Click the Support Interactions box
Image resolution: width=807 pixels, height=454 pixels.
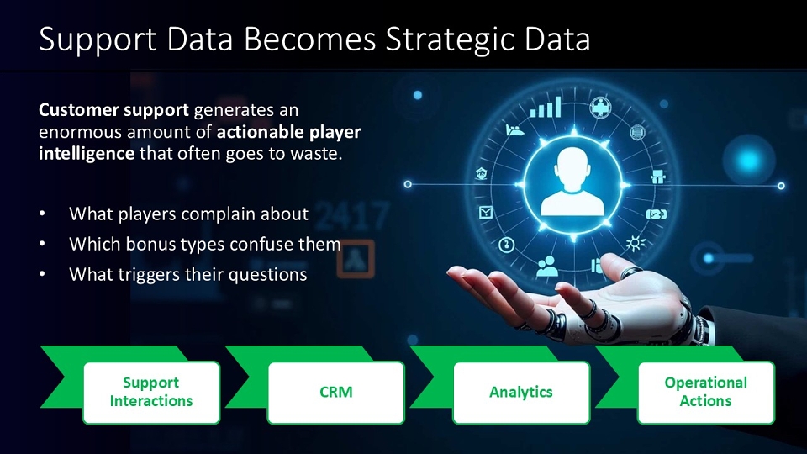click(x=151, y=393)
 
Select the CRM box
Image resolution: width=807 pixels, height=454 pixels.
click(x=336, y=393)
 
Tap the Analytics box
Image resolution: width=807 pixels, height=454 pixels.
click(x=521, y=393)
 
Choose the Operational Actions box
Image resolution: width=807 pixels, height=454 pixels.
click(x=705, y=393)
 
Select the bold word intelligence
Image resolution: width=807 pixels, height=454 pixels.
click(x=87, y=154)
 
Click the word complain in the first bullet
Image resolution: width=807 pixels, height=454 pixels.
click(x=219, y=214)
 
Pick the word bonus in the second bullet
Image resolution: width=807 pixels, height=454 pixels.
click(x=150, y=244)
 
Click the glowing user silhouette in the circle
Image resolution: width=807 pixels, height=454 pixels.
click(x=572, y=182)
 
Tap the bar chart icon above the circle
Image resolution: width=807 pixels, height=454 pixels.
click(x=546, y=107)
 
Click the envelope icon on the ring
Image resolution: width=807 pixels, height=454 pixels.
click(x=485, y=212)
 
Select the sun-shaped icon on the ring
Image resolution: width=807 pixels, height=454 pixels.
click(x=636, y=243)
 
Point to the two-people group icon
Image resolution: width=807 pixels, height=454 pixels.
click(x=546, y=267)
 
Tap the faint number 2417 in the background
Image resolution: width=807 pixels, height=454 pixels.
click(x=351, y=216)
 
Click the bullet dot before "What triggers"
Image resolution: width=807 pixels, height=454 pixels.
click(x=42, y=274)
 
